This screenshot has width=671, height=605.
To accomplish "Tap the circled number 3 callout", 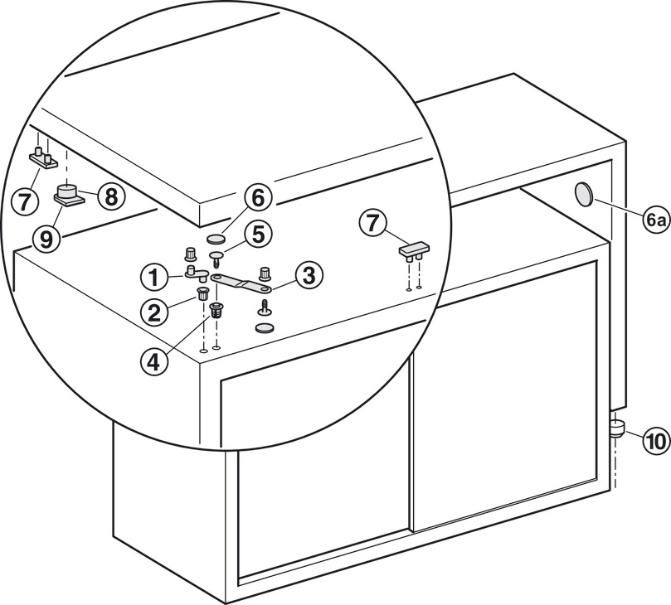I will pyautogui.click(x=308, y=275).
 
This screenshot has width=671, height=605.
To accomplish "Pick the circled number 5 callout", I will pyautogui.click(x=259, y=235).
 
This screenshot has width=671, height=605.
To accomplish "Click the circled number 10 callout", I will pyautogui.click(x=654, y=441).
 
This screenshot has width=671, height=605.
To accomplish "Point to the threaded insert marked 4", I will pyautogui.click(x=218, y=312).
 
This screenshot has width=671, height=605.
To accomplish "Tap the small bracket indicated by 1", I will pyautogui.click(x=195, y=270).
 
